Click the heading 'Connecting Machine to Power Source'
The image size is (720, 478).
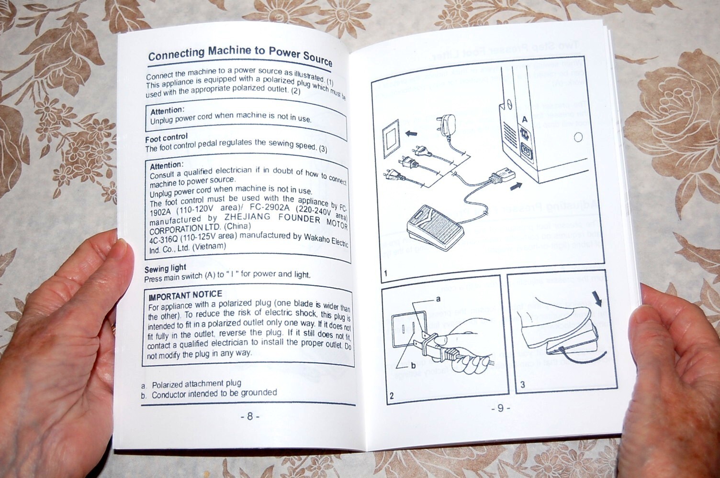[240, 54]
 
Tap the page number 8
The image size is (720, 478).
[249, 416]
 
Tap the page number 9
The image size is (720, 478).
[500, 408]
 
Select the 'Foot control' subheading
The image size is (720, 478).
[166, 138]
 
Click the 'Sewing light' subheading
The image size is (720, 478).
[165, 268]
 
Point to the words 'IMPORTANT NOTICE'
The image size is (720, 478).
[185, 295]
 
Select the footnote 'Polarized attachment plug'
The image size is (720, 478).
[196, 383]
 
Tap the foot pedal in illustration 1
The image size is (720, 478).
[434, 227]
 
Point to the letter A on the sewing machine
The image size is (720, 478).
[525, 119]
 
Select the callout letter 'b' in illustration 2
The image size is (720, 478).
[413, 366]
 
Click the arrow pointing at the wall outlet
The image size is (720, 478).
[411, 134]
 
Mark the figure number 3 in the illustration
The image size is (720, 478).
[522, 384]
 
